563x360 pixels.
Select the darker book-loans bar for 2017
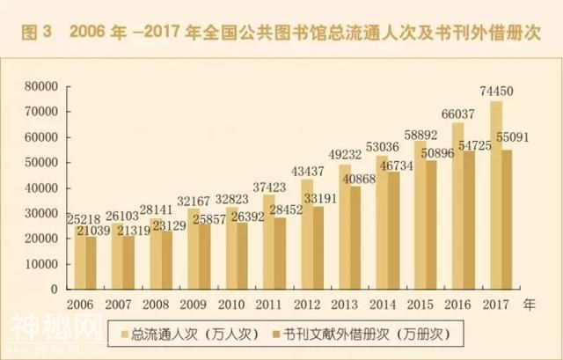click(507, 220)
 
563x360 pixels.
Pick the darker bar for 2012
click(318, 247)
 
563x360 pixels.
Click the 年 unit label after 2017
click(529, 304)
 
